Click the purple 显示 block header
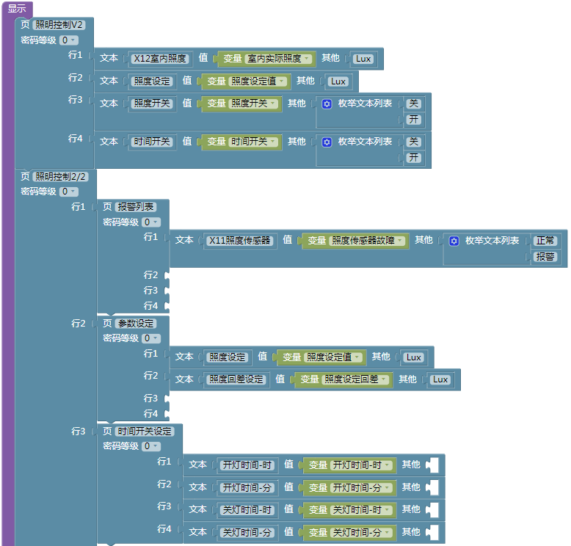coord(17,8)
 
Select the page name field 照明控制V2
coord(59,25)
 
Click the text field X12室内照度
coord(160,59)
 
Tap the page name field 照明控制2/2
coord(60,177)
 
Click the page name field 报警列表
coord(136,207)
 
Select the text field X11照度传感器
coord(239,241)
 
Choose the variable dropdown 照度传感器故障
coord(367,241)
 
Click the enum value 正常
coord(545,241)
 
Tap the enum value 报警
coord(545,256)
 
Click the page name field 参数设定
coord(136,324)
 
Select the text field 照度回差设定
coord(236,379)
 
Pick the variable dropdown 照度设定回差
coord(355,379)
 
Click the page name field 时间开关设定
coord(145,432)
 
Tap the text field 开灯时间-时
coord(247,465)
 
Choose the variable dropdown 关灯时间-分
coord(362,533)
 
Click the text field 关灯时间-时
coord(247,510)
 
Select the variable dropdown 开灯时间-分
coord(362,488)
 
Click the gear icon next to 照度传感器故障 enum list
coord(454,241)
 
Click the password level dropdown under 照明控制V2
coord(69,40)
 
